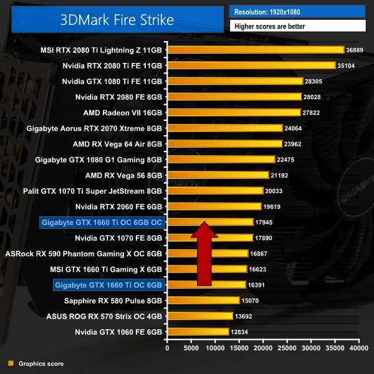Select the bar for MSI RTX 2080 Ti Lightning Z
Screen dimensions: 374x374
[256, 49]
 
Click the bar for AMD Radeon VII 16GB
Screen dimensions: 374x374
[234, 112]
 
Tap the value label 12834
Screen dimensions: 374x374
[239, 332]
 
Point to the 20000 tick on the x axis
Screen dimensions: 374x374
[263, 348]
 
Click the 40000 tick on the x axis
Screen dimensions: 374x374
[358, 348]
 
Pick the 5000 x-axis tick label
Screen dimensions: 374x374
[191, 348]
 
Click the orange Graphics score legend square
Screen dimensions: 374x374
[9, 363]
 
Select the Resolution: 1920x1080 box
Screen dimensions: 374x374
[297, 12]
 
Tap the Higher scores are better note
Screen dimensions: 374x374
[297, 26]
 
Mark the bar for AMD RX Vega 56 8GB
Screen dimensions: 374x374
[218, 175]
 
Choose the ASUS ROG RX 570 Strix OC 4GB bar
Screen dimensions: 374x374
[199, 316]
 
